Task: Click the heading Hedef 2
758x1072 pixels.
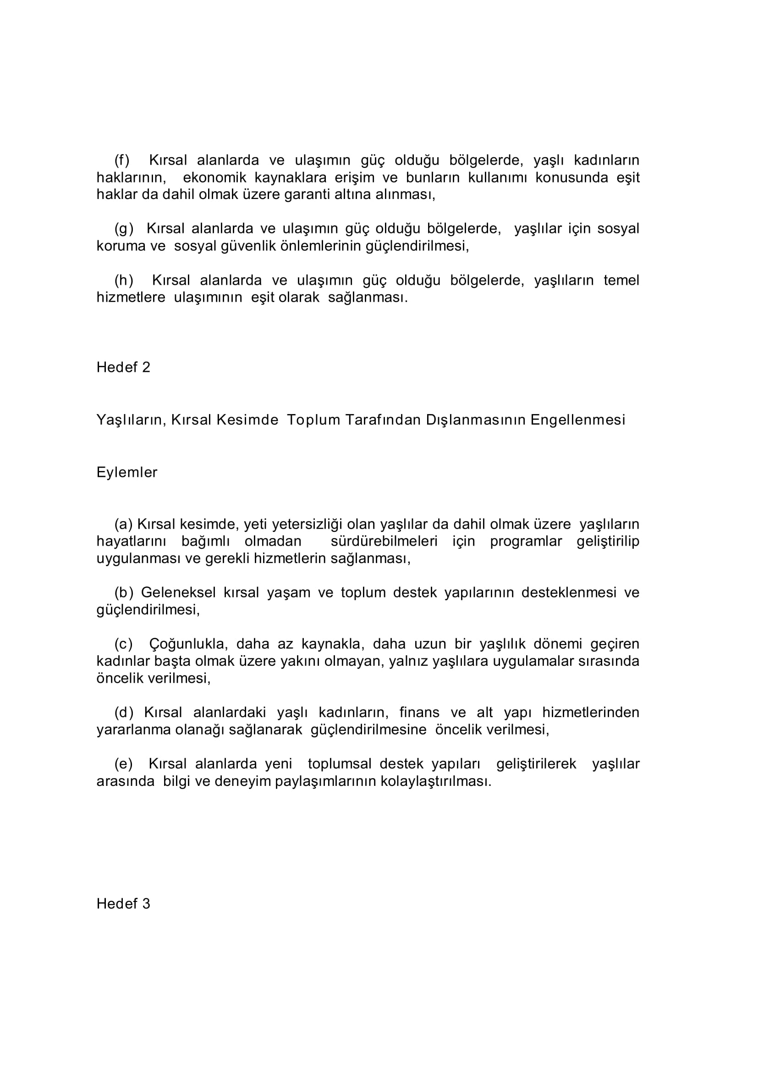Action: coord(123,367)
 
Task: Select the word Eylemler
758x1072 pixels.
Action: coord(127,473)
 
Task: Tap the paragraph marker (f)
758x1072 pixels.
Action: coord(122,160)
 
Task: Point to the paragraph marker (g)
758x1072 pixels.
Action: coord(124,229)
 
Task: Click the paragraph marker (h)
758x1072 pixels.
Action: coord(124,280)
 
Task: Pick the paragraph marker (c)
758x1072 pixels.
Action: coord(124,644)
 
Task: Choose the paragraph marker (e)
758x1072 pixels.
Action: coord(124,764)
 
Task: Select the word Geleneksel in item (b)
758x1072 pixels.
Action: coord(178,592)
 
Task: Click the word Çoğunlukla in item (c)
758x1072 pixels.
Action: coord(188,644)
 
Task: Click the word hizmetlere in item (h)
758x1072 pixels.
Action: coord(131,298)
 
